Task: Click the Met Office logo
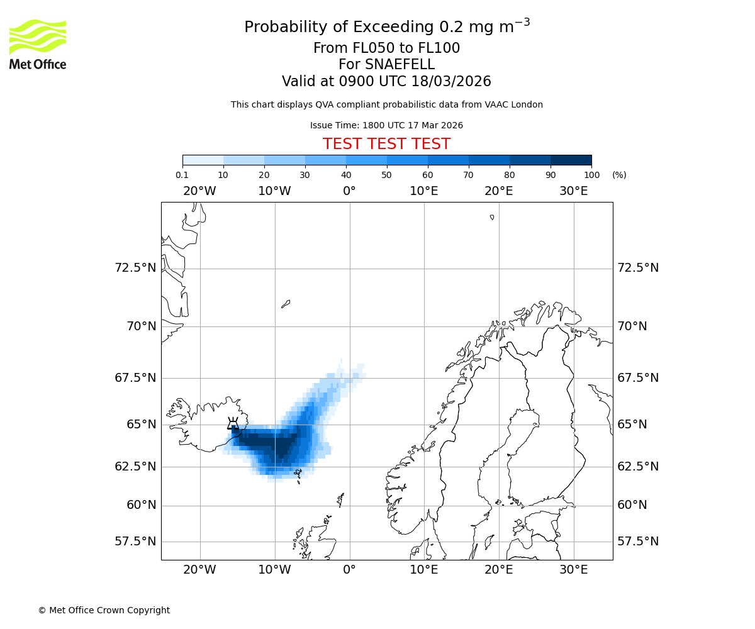click(x=38, y=44)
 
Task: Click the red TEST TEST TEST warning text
click(x=386, y=144)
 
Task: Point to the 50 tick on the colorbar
click(x=387, y=175)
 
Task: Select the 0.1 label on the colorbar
click(x=182, y=175)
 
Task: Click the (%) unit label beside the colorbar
click(x=619, y=175)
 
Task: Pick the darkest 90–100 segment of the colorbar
click(x=571, y=160)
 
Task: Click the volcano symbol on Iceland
click(x=233, y=423)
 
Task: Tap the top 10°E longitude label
click(x=424, y=191)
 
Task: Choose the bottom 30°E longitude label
click(x=574, y=570)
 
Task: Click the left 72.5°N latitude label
click(x=135, y=268)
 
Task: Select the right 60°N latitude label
click(x=632, y=505)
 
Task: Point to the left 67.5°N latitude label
click(x=135, y=378)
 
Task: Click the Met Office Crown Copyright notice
click(x=104, y=610)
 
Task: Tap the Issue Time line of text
click(x=386, y=125)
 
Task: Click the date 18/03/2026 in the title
click(x=451, y=82)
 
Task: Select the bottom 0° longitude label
click(x=349, y=570)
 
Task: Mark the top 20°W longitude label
click(x=199, y=191)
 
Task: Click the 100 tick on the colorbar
click(x=591, y=175)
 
